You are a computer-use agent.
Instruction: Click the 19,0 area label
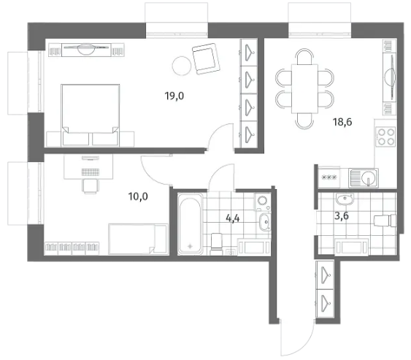(174, 96)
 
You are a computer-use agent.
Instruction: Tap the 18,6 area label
(342, 122)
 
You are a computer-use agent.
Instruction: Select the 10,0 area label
(138, 196)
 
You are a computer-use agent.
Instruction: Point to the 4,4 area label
(233, 218)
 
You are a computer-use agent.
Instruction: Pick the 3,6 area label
(342, 216)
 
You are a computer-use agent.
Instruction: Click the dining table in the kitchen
(304, 89)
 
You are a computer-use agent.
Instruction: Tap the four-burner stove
(385, 137)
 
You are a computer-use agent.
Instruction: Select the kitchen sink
(364, 177)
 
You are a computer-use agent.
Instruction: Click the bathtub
(191, 223)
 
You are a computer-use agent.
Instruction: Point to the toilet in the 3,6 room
(385, 221)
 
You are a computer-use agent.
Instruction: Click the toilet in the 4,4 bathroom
(217, 244)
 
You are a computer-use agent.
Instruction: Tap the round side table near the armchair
(182, 66)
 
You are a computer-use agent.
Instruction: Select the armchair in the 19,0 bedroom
(206, 58)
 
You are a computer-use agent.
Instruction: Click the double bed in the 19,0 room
(91, 115)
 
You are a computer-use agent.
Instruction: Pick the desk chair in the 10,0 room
(91, 186)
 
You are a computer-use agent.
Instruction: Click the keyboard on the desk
(91, 172)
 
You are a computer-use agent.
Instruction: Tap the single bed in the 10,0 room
(138, 239)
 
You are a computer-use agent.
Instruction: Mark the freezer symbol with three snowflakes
(329, 177)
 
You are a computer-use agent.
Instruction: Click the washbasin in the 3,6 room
(345, 200)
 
